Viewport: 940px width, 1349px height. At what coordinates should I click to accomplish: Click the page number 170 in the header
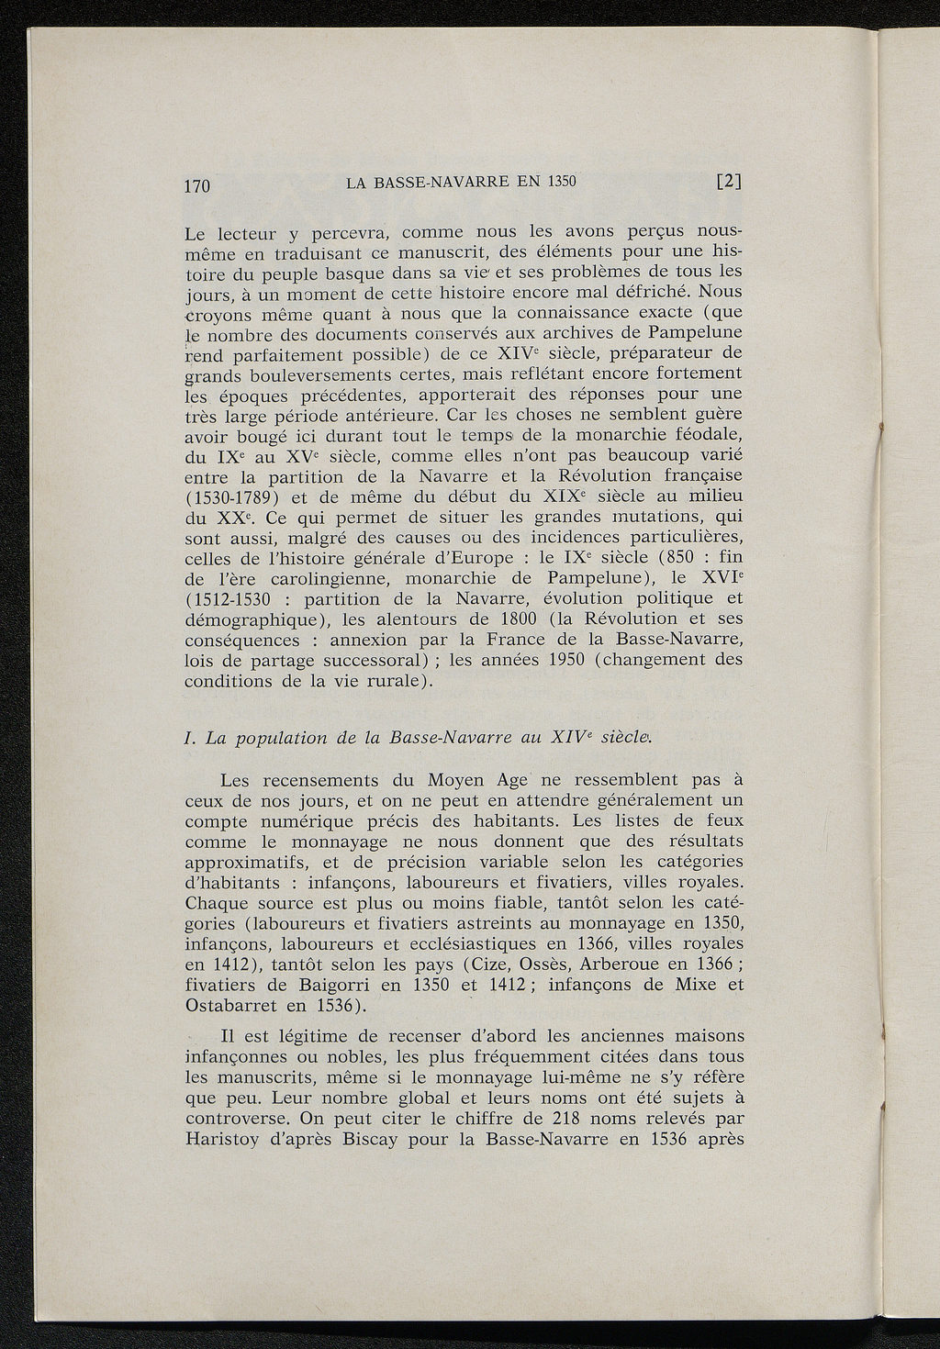click(x=197, y=184)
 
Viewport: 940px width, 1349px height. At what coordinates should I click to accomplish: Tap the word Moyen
click(x=460, y=781)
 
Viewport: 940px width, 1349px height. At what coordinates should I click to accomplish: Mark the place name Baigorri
click(x=324, y=986)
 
